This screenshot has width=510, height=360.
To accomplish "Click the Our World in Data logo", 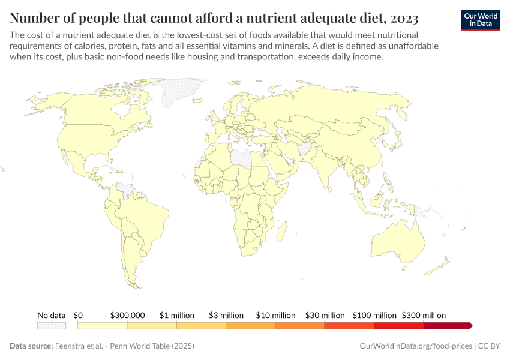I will [x=480, y=20].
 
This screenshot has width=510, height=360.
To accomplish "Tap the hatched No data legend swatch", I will [x=52, y=326].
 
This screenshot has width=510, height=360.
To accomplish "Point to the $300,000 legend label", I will [x=127, y=315].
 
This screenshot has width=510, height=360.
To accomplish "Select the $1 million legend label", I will [x=176, y=315].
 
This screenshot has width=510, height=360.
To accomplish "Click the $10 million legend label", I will [x=275, y=315].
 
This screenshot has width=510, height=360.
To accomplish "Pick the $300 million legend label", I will [x=424, y=315].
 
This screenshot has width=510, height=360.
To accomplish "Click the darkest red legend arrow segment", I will [x=448, y=326].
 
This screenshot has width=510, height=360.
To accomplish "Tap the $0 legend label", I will [x=78, y=315].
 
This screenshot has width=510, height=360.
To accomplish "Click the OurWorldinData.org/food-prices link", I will [x=415, y=346].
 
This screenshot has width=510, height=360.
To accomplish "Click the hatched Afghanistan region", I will [x=305, y=148].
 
